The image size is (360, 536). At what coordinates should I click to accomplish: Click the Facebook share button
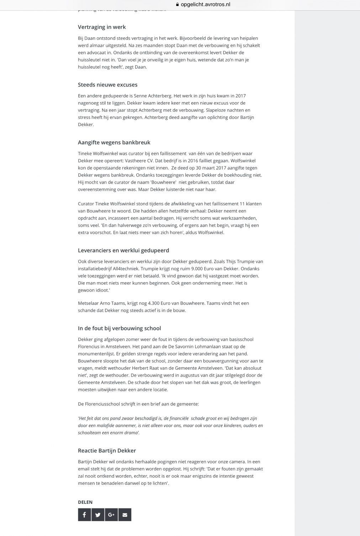(84, 515)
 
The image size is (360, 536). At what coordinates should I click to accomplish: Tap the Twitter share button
(98, 515)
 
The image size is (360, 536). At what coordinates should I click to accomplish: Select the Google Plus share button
(111, 515)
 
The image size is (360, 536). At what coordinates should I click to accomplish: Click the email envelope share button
(125, 515)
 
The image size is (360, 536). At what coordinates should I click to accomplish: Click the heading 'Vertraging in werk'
(102, 27)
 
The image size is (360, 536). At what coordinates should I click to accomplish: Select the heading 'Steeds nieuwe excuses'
(107, 85)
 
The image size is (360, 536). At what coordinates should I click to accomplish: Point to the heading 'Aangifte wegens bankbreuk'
(114, 142)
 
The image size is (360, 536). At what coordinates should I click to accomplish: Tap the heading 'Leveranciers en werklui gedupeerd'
(123, 250)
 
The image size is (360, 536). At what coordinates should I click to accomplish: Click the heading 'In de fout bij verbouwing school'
(119, 328)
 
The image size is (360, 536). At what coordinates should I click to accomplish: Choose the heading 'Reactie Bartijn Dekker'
(107, 451)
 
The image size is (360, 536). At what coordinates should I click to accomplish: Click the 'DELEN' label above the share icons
(85, 502)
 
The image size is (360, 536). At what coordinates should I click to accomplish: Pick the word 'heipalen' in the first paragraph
(249, 38)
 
